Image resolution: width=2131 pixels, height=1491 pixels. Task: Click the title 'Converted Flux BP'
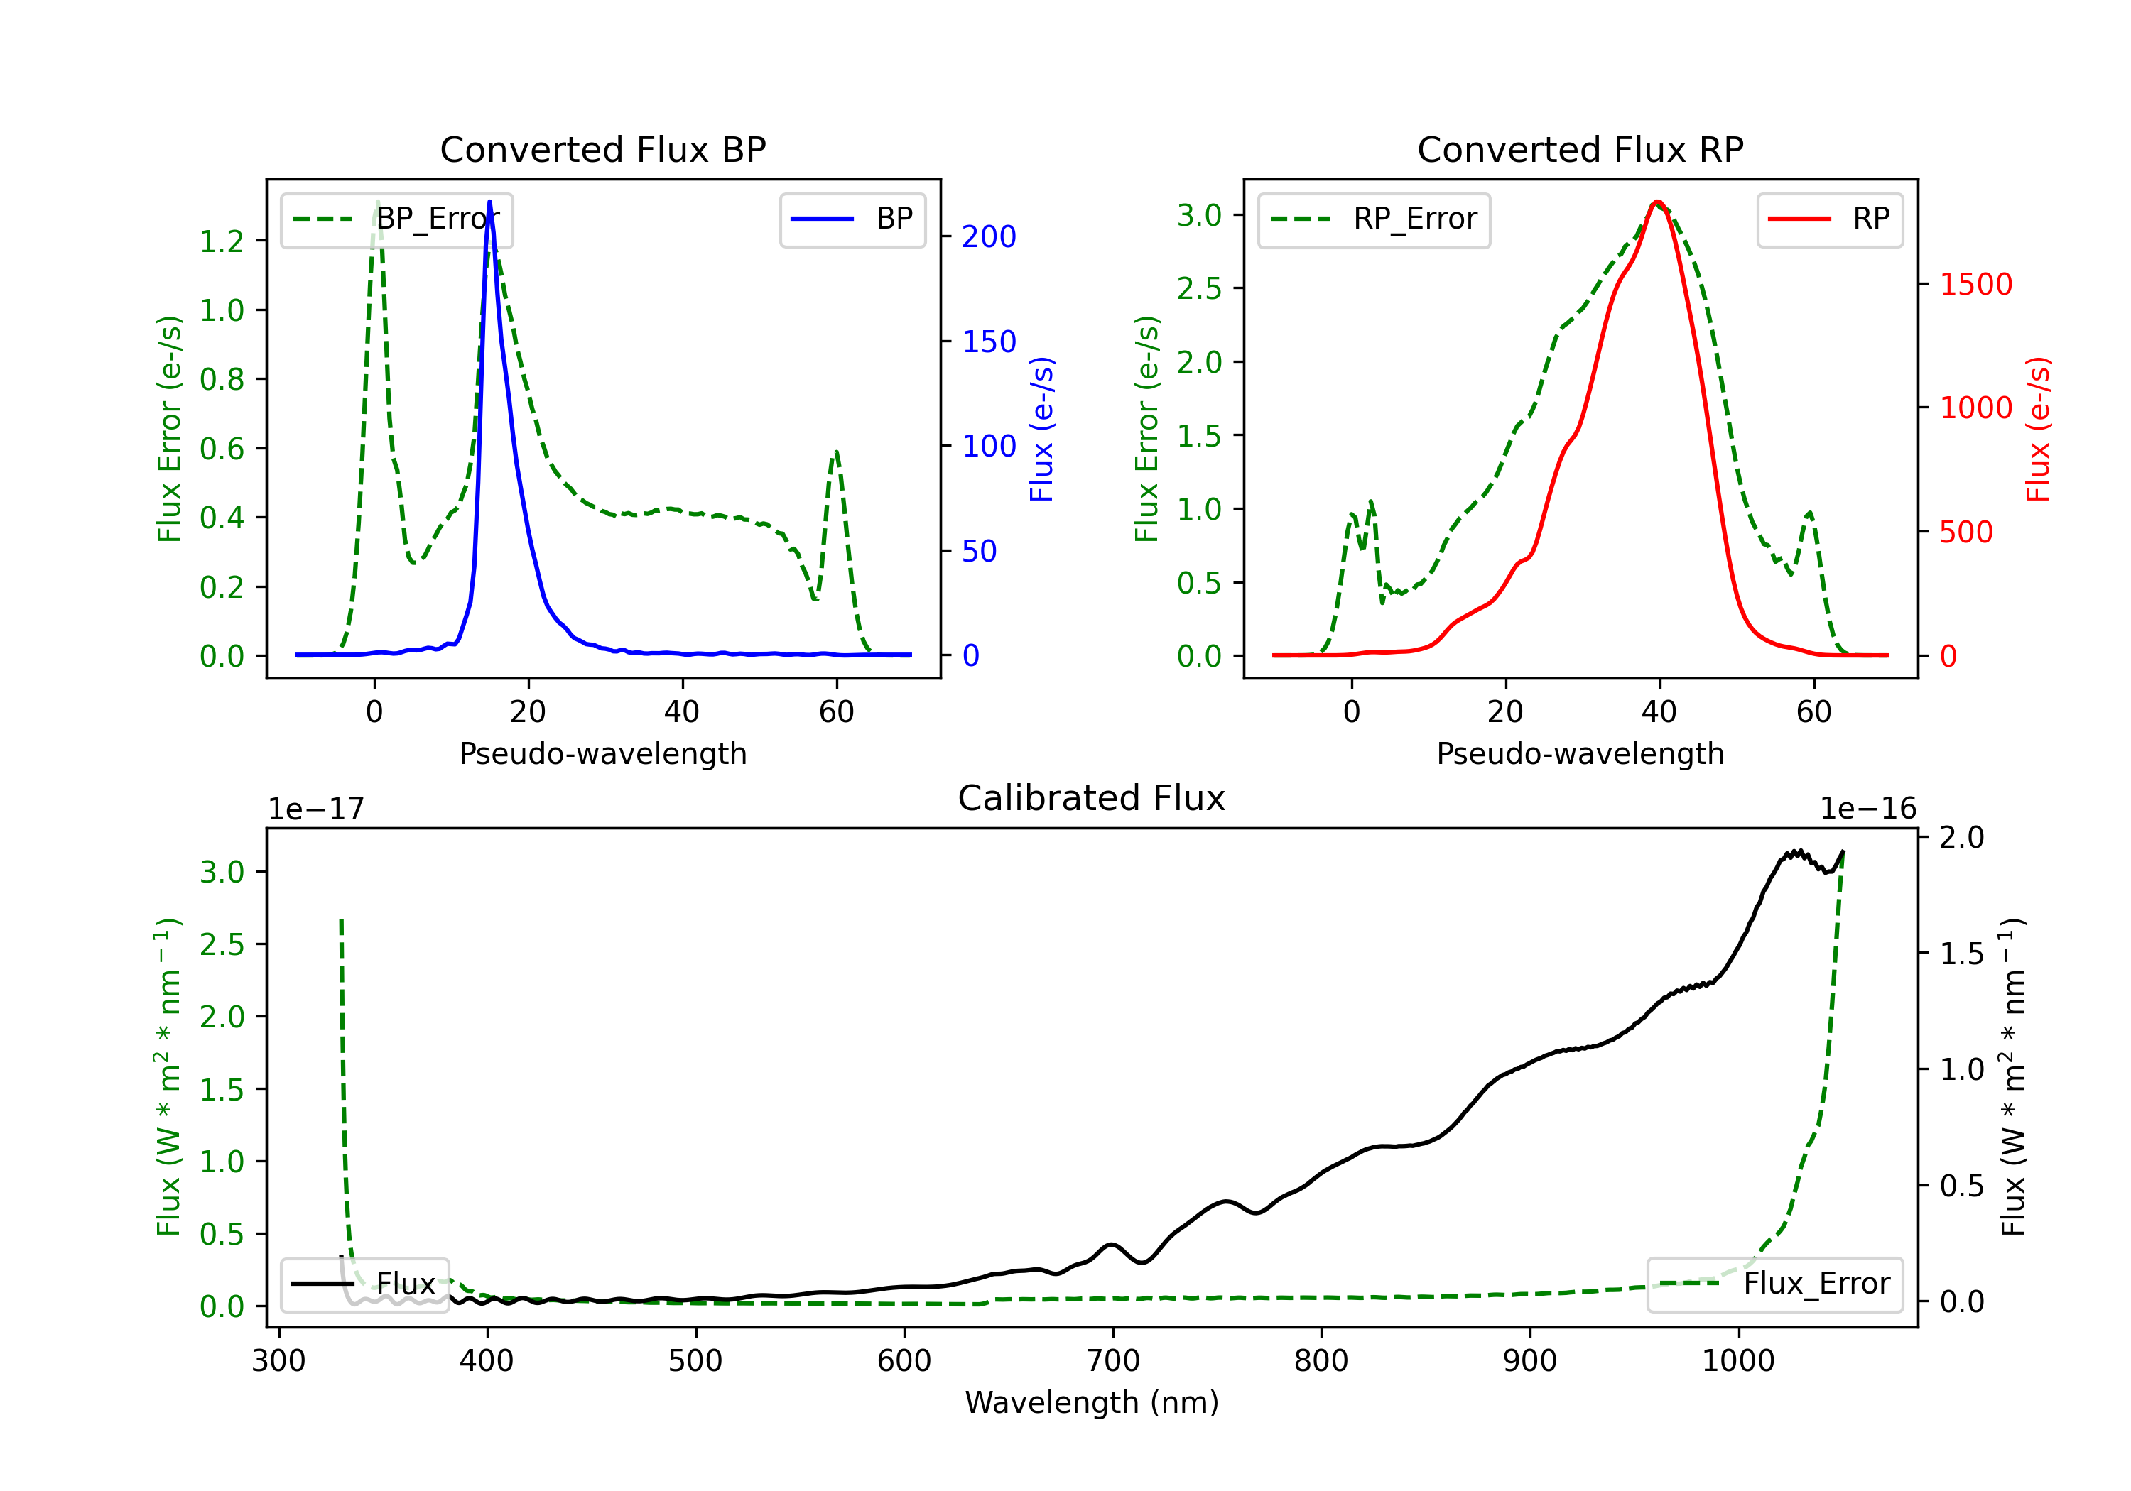pyautogui.click(x=603, y=149)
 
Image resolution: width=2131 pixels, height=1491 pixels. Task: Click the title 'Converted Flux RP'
pyautogui.click(x=1580, y=149)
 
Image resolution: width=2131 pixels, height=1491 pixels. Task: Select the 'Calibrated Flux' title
pyautogui.click(x=1092, y=798)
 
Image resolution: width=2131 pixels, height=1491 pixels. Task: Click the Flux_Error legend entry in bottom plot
pyautogui.click(x=1774, y=1284)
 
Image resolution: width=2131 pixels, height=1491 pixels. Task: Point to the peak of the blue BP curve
pyautogui.click(x=490, y=202)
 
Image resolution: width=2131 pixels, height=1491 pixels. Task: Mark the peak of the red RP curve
pyautogui.click(x=1658, y=202)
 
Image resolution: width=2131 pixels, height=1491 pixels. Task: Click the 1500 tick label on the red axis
pyautogui.click(x=1976, y=284)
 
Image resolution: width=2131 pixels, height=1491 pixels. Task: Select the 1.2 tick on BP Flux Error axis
pyautogui.click(x=222, y=241)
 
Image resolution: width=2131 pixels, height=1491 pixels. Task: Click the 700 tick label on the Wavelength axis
pyautogui.click(x=1113, y=1361)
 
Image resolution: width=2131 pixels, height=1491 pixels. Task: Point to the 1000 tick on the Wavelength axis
pyautogui.click(x=1738, y=1361)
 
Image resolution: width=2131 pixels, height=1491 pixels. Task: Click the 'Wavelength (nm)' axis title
pyautogui.click(x=1092, y=1403)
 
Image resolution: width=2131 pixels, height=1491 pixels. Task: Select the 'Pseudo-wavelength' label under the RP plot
pyautogui.click(x=1580, y=753)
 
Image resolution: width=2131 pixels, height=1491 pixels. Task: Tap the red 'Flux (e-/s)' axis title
pyautogui.click(x=2037, y=429)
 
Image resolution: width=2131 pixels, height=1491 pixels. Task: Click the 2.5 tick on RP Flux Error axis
pyautogui.click(x=1199, y=288)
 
